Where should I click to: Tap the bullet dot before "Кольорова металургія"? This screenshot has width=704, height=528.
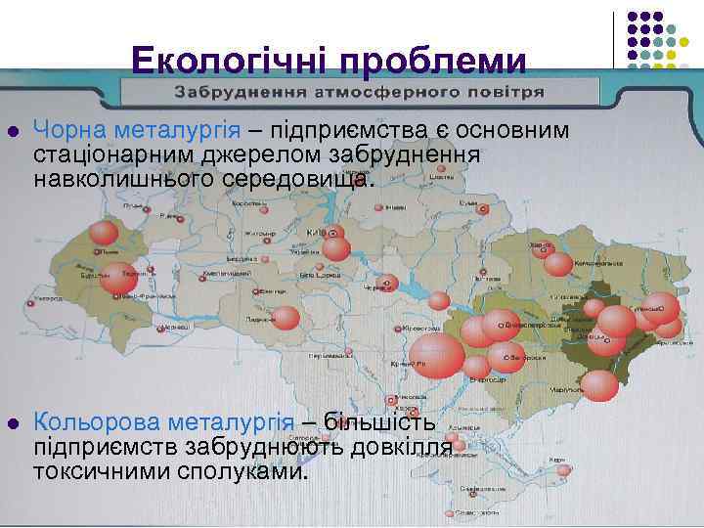[13, 423]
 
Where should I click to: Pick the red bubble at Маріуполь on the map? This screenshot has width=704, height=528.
[599, 385]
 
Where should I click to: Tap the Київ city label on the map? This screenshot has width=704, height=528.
[316, 232]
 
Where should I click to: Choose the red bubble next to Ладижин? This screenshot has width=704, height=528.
[286, 318]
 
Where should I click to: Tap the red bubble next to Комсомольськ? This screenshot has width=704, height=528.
[558, 263]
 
